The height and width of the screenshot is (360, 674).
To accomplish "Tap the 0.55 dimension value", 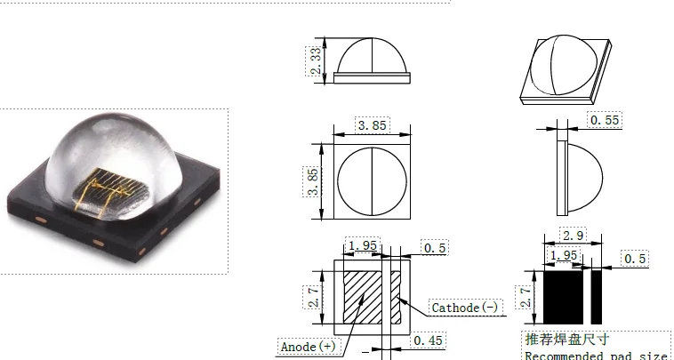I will click(606, 119).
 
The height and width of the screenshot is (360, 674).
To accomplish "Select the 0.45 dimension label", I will click(429, 340).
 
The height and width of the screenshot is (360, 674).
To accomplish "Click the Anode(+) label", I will click(308, 345).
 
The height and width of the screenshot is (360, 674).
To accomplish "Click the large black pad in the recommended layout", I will click(563, 296).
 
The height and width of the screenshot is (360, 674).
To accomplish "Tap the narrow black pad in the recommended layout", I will click(597, 296).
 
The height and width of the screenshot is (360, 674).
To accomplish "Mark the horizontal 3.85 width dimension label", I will click(372, 125).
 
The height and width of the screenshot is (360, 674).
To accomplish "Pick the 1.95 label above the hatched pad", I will click(361, 245).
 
